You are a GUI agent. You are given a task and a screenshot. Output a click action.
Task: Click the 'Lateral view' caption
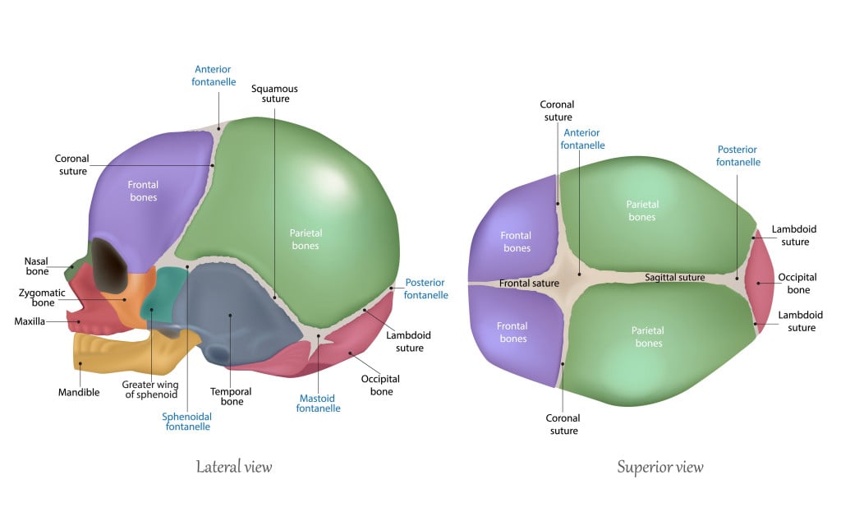(x=233, y=468)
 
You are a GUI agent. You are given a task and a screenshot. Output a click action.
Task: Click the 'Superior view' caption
(x=659, y=468)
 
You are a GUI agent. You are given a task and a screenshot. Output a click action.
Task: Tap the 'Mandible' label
(x=80, y=392)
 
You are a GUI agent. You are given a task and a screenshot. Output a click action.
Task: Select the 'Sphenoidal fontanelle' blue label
(x=188, y=422)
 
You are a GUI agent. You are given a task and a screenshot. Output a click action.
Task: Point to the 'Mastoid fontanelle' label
(x=319, y=403)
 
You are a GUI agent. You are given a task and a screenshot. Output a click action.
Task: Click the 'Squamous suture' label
(x=274, y=94)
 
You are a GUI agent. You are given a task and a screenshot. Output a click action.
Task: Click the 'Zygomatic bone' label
(x=37, y=298)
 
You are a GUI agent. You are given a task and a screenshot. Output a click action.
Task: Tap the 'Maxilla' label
(x=30, y=321)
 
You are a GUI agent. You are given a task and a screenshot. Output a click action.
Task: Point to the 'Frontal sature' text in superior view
(x=529, y=284)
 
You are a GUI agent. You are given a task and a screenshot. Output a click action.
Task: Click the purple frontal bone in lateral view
(x=148, y=197)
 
